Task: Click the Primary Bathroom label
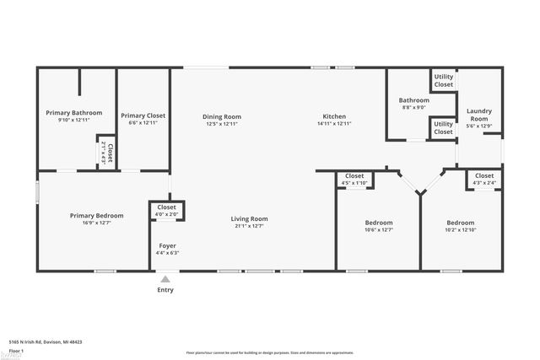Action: [74, 113]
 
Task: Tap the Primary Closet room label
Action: [143, 116]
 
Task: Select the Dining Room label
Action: [222, 116]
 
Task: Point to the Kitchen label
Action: [334, 116]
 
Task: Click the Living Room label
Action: [249, 219]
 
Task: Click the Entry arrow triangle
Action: [165, 279]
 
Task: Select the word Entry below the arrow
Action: [165, 290]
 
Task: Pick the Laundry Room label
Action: [478, 115]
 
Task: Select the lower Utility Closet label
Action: [443, 127]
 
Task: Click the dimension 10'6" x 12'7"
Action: [379, 229]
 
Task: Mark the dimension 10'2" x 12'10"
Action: [461, 229]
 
